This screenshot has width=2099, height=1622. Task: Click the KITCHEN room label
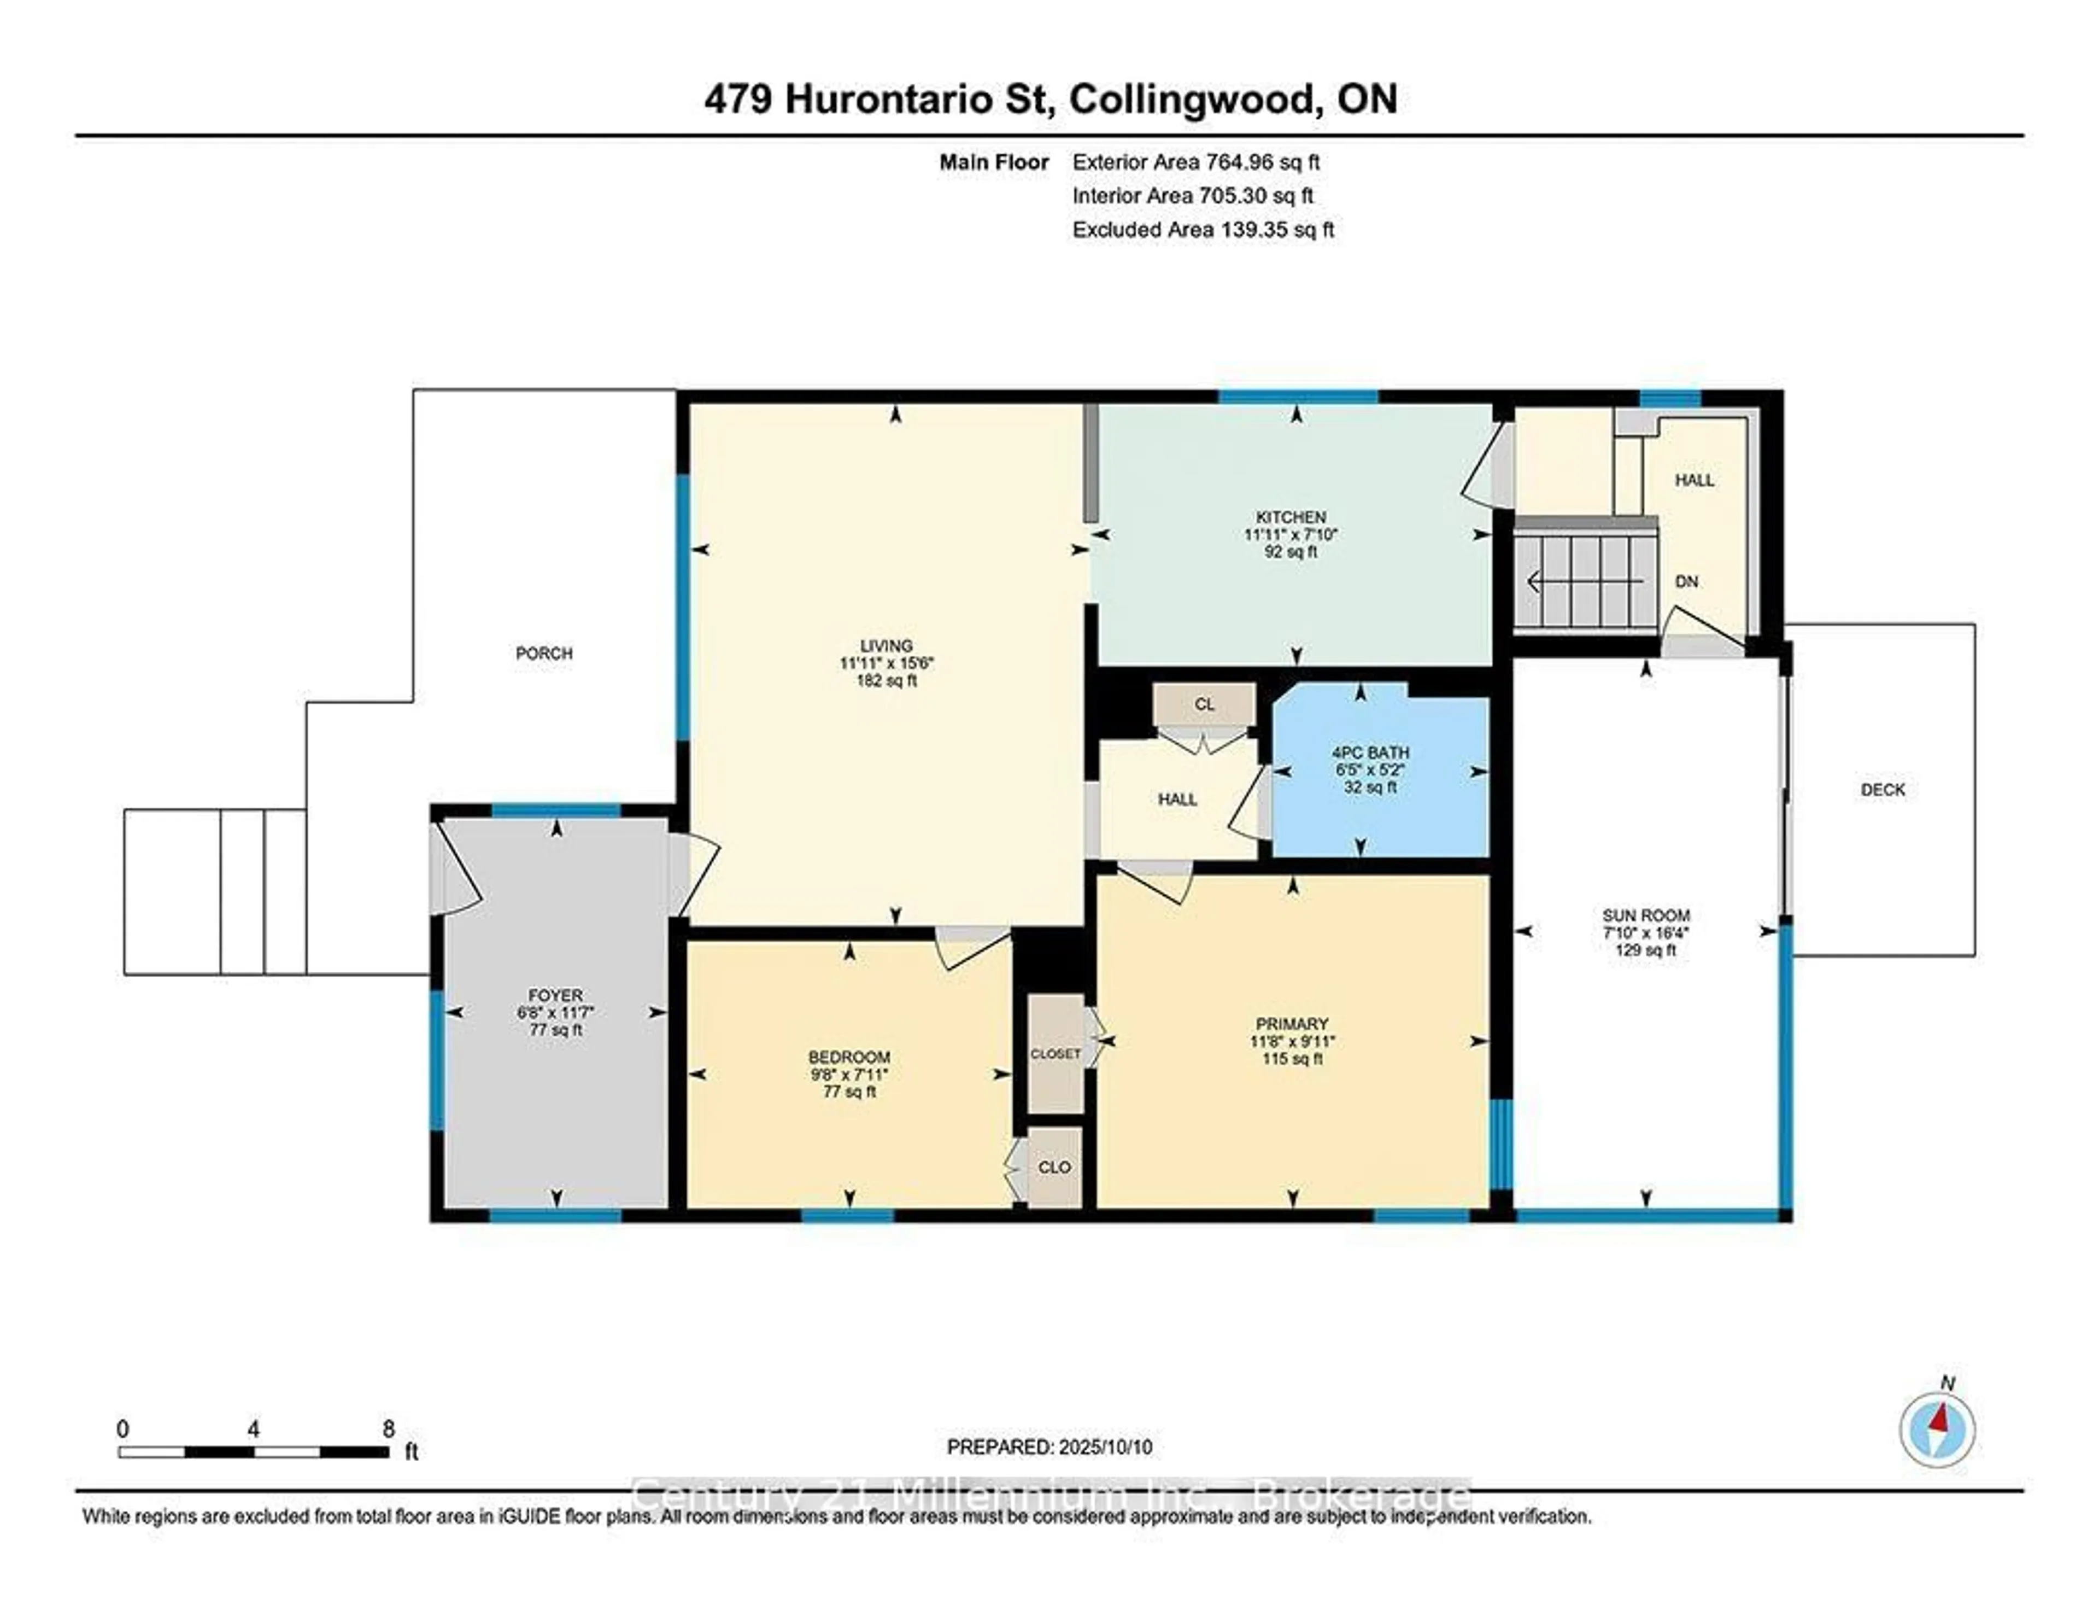(1290, 517)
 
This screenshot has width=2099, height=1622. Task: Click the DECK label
(1882, 789)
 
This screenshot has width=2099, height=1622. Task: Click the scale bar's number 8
(388, 1429)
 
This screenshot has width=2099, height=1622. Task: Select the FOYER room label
(555, 995)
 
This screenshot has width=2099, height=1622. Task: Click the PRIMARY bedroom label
(1291, 1024)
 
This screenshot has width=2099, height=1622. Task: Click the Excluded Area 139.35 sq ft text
(1203, 230)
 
